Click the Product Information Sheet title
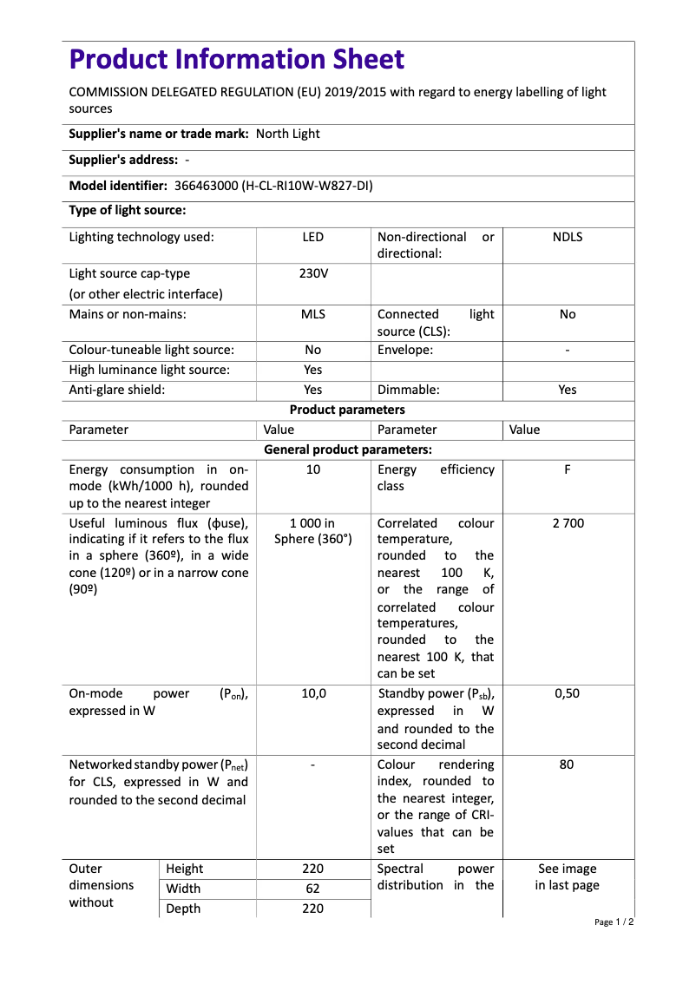(x=237, y=60)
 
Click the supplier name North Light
(x=288, y=134)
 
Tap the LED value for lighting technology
(x=313, y=237)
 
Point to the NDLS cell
(x=568, y=237)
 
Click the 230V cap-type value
(x=313, y=273)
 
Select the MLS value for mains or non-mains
(x=313, y=314)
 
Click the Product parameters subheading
(x=347, y=410)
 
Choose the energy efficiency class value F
(x=568, y=469)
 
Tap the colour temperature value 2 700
(x=568, y=523)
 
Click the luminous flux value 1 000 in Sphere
(x=313, y=531)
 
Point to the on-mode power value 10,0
(x=313, y=694)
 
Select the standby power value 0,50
(x=568, y=694)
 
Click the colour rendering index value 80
(x=568, y=765)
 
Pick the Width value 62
(x=313, y=889)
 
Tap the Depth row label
(x=183, y=909)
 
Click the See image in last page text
(x=568, y=877)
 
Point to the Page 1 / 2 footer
(x=614, y=922)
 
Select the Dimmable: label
(x=409, y=390)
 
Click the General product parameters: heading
(x=347, y=449)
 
